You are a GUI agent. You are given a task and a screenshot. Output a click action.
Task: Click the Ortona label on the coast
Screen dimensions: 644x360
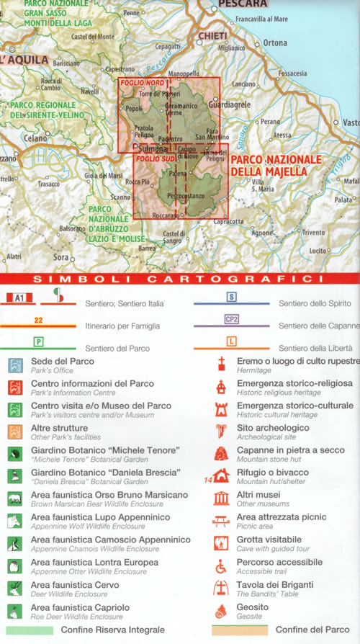(275, 43)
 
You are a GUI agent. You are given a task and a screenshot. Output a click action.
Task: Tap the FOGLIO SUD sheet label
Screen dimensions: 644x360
(154, 159)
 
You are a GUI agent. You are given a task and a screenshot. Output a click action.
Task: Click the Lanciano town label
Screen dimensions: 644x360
(244, 84)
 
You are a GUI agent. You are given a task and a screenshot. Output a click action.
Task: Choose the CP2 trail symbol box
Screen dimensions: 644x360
(231, 319)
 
